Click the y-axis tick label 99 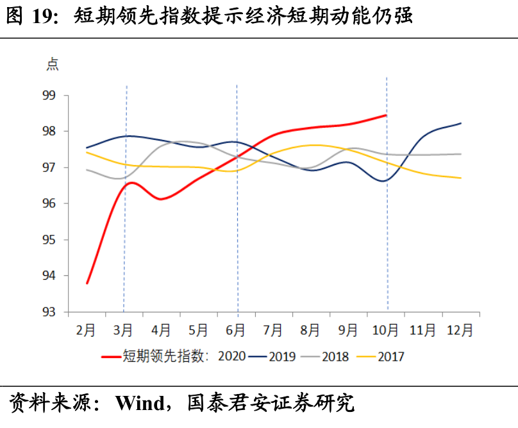49,96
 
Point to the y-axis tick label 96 49,203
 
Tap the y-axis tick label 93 49,312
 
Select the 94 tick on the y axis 49,276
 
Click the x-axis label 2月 86,330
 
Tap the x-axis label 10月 385,330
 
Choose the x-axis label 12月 460,330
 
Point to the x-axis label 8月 310,330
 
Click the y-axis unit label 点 52,64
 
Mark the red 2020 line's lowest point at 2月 87,283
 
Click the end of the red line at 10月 386,116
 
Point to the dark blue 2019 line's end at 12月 461,123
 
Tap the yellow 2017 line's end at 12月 461,178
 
